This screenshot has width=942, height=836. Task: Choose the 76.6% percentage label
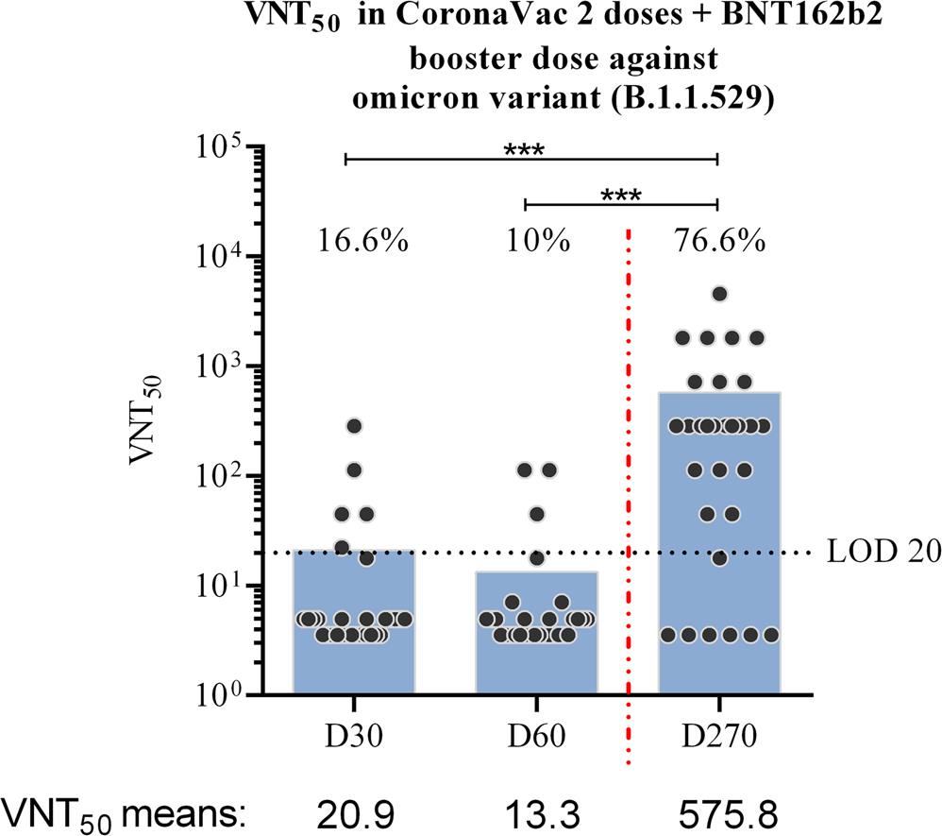[x=719, y=242]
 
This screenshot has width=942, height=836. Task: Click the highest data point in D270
[x=719, y=294]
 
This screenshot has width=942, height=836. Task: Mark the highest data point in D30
[x=354, y=426]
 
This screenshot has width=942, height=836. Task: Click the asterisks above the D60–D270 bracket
[x=620, y=195]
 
